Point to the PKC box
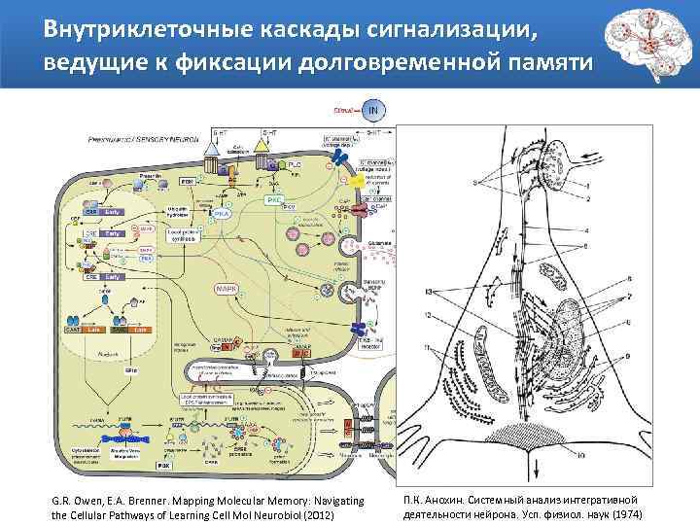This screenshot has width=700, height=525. (x=274, y=200)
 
